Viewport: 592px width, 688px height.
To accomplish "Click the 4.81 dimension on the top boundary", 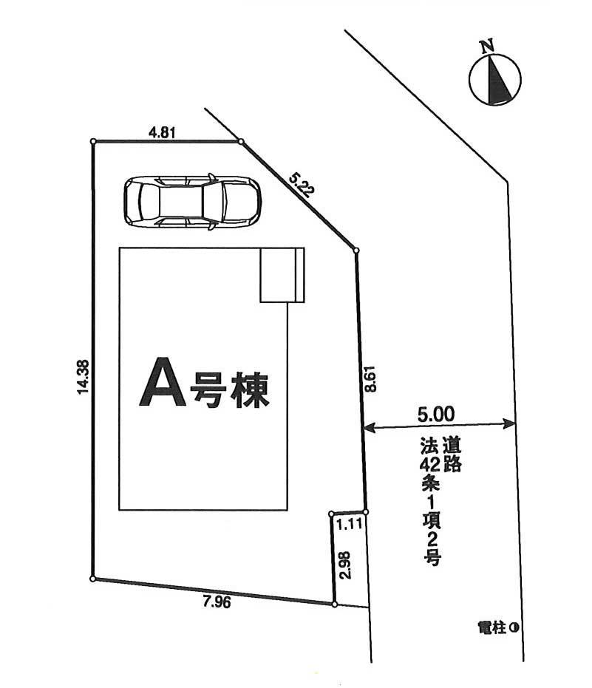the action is point(162,132).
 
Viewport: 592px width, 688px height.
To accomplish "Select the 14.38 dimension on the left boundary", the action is point(82,376).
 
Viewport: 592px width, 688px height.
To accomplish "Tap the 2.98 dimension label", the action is point(344,565).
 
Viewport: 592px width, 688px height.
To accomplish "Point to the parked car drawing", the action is point(192,200).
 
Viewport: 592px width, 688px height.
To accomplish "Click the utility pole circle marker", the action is point(512,628).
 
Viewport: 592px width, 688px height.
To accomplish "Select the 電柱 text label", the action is point(492,628).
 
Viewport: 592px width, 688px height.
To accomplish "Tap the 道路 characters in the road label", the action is point(452,455).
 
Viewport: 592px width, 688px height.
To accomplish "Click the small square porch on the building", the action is point(282,275).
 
